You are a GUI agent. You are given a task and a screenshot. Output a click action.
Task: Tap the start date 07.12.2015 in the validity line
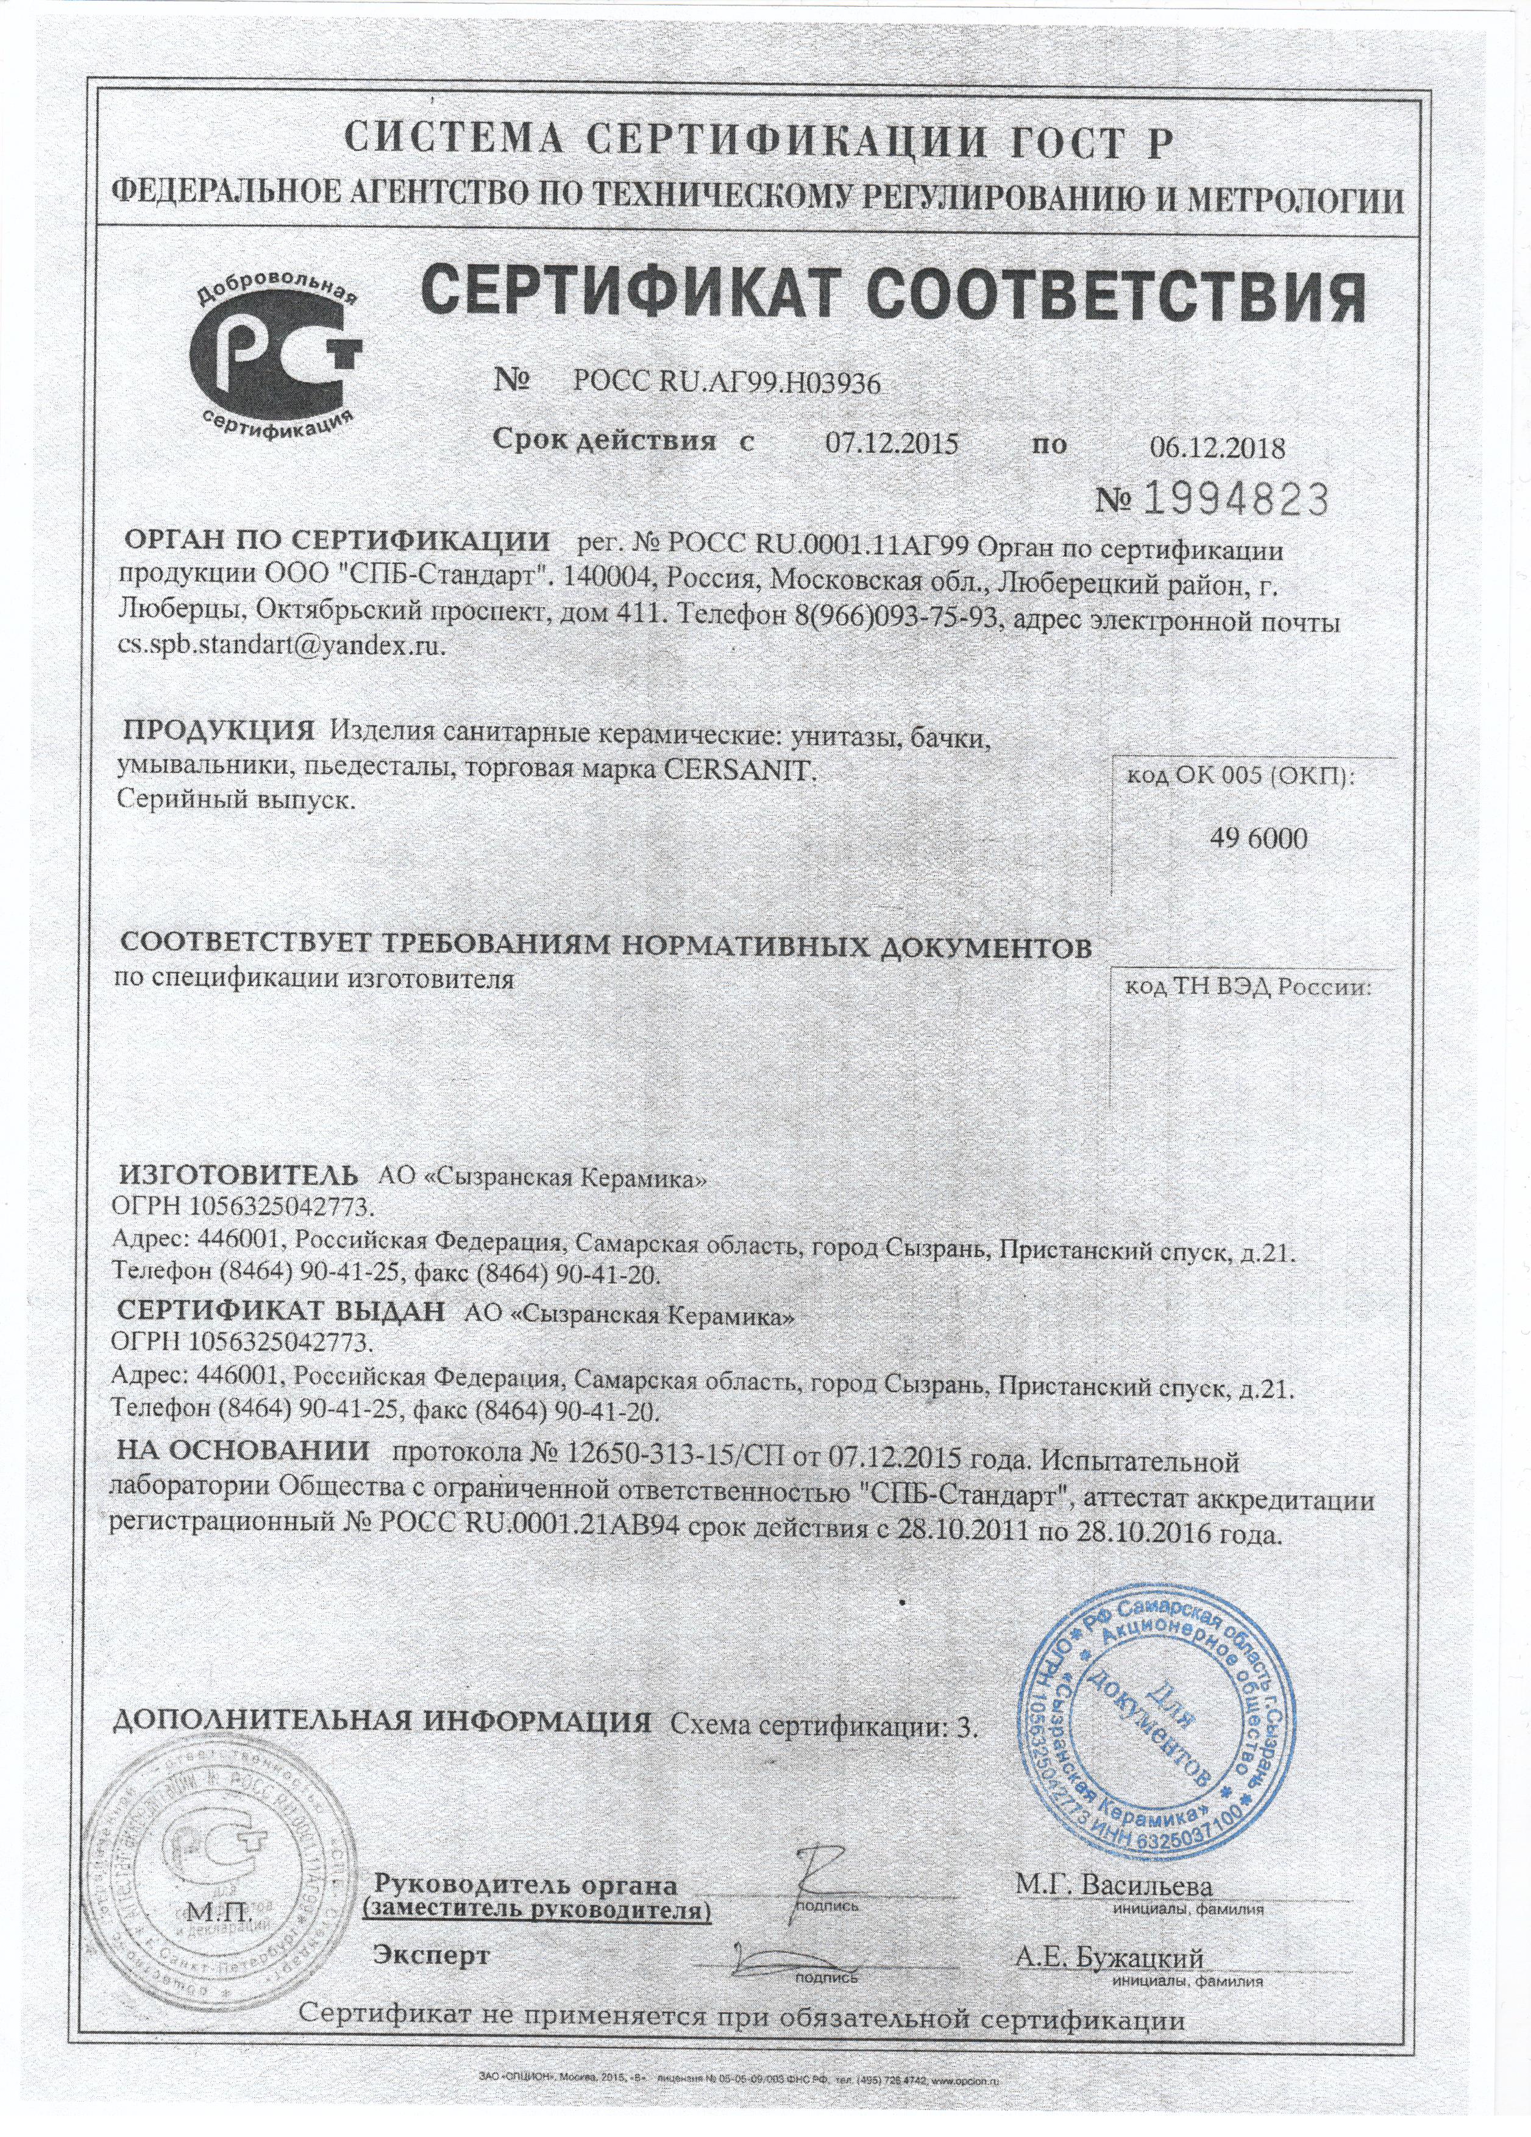(891, 443)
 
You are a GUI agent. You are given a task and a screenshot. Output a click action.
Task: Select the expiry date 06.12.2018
(1217, 447)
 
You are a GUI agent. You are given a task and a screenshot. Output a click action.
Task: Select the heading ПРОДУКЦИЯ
(219, 730)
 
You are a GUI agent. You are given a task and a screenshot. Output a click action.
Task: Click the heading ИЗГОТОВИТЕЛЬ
(238, 1176)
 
